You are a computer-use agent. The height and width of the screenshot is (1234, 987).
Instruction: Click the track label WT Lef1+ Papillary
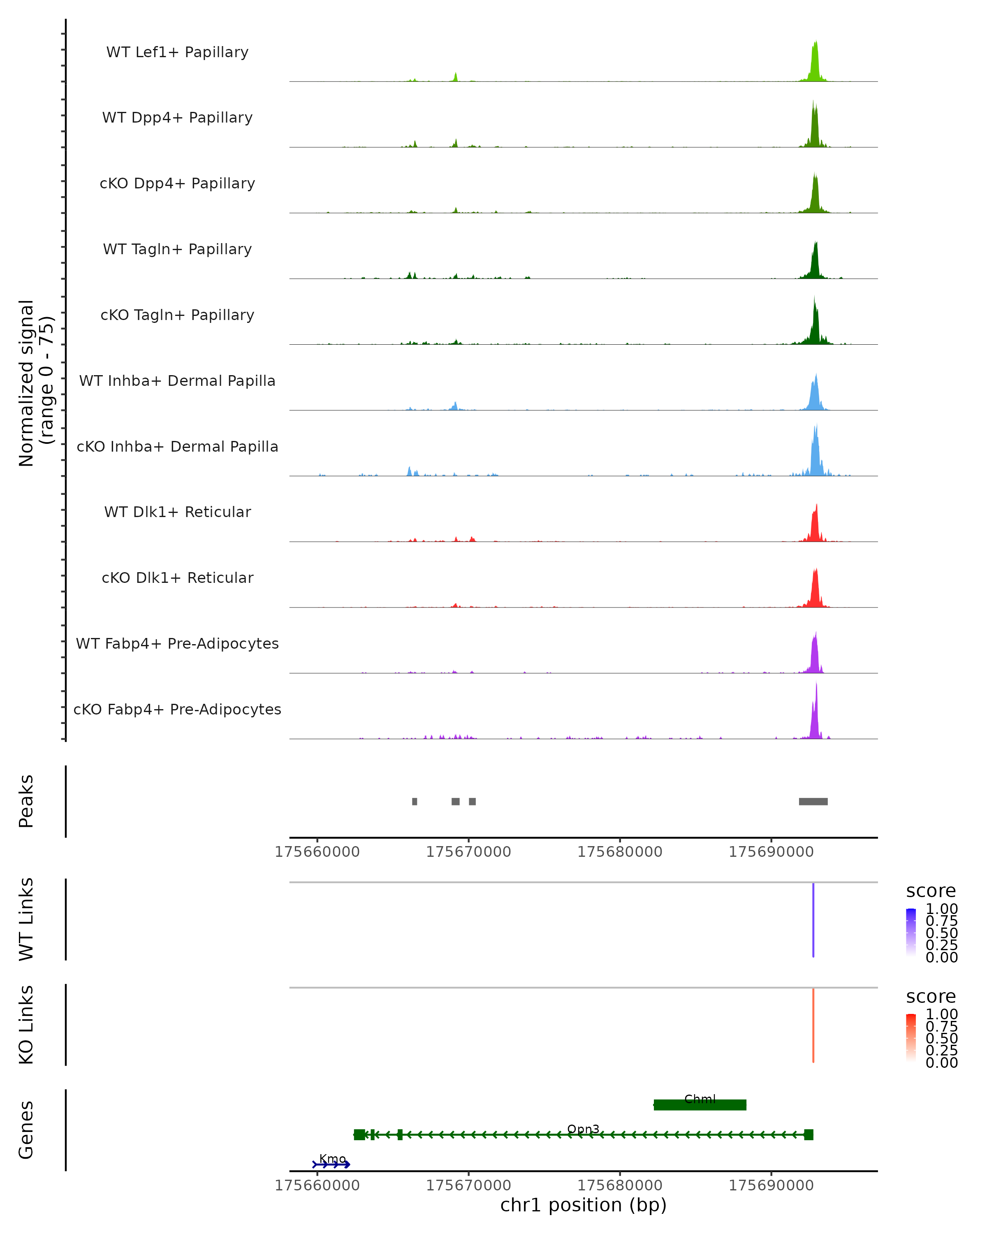tap(177, 52)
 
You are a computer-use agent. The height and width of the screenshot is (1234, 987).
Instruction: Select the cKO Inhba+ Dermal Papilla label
tap(177, 446)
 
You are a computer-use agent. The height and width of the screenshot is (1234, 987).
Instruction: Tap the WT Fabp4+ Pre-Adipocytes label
tap(177, 643)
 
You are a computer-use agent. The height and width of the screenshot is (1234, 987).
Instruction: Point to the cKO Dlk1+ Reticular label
tap(177, 578)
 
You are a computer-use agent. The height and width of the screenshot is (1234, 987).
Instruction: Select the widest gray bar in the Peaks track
tap(813, 801)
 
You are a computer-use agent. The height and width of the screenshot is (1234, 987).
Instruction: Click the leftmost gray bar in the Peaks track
tap(414, 801)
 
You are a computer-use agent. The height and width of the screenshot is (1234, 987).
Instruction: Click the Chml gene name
tap(700, 1099)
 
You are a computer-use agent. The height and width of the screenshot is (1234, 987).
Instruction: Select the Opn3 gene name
tap(583, 1129)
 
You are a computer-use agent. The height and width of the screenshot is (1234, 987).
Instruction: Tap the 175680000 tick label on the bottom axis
tap(620, 1185)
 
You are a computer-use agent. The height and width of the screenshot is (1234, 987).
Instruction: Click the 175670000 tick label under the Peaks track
tap(468, 852)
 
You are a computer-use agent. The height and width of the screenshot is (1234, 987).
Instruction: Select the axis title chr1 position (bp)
tap(583, 1205)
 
